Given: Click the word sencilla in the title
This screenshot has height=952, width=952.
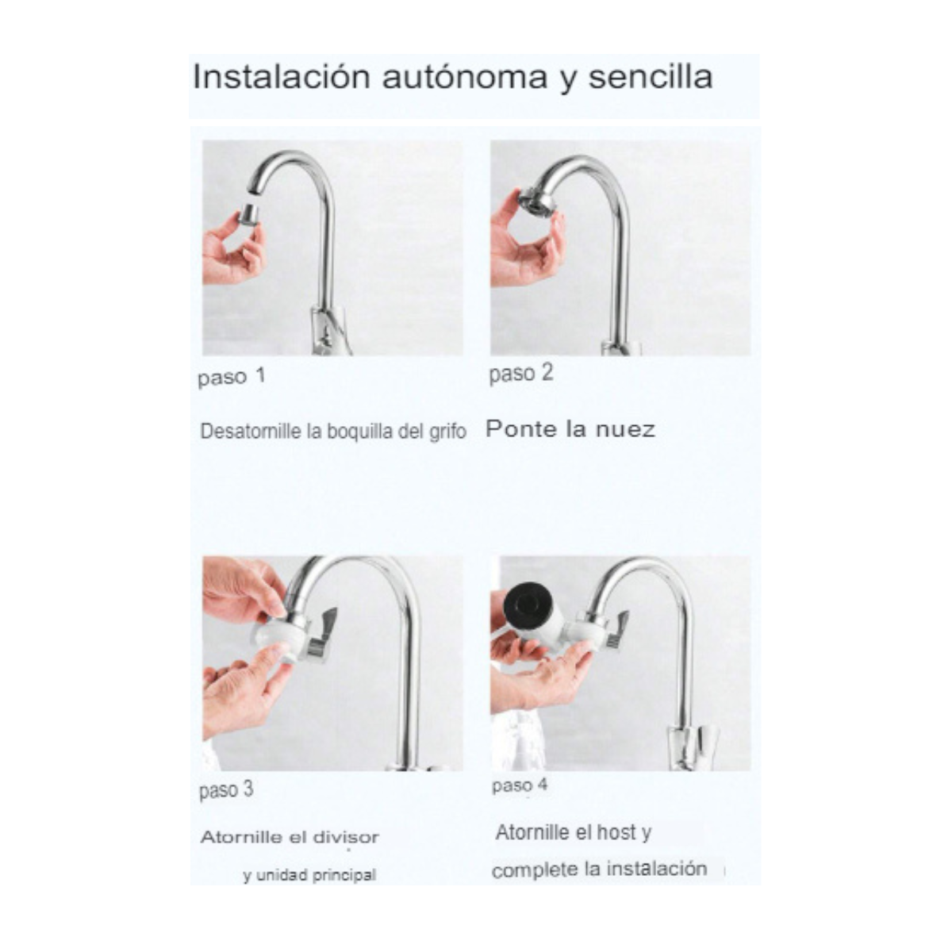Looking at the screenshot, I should pyautogui.click(x=650, y=78).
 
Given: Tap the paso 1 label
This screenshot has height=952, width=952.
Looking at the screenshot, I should pyautogui.click(x=231, y=377).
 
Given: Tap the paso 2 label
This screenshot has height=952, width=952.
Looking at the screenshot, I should pyautogui.click(x=520, y=373).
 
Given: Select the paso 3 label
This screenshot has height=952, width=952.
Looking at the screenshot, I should pyautogui.click(x=226, y=789).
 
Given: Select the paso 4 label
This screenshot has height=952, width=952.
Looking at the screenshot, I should pyautogui.click(x=519, y=785).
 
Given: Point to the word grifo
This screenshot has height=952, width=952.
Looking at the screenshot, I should pyautogui.click(x=447, y=432).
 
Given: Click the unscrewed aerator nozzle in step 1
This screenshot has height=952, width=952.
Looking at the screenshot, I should pyautogui.click(x=248, y=213).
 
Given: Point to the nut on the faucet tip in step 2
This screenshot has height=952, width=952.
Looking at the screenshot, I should pyautogui.click(x=536, y=199).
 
